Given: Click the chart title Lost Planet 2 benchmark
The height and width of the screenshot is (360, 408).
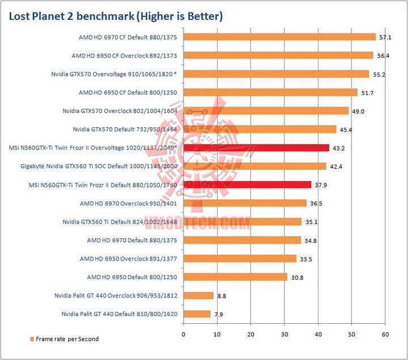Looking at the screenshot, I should coord(116,16).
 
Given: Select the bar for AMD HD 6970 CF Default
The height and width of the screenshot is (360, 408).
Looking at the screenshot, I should coord(279,37).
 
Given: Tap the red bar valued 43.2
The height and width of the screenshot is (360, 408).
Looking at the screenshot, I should coord(256,148).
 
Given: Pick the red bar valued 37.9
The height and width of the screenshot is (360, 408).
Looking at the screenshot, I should coord(247,185).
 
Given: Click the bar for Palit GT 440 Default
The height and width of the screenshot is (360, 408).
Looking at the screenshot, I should coord(197,314).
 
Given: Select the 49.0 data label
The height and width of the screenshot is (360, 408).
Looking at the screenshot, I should coord(358,111).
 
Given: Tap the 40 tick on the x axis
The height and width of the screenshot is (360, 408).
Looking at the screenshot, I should coord(318,335).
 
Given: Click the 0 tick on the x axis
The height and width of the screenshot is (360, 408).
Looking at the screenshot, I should coord(183,335).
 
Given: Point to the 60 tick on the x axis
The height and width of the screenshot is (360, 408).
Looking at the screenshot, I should coord(385,335).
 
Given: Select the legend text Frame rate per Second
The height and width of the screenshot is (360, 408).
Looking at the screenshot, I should coord(67,339).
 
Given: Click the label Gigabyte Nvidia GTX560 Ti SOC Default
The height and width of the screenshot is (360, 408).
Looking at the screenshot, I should coord(100,166).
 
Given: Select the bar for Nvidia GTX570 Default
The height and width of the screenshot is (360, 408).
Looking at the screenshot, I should coord(260,129).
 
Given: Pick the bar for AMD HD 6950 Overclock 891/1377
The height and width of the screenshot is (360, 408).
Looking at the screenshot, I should coord(240,258).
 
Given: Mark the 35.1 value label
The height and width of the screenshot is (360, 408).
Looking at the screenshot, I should coord(311,222).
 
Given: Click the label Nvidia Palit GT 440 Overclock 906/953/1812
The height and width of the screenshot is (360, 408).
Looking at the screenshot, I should coord(116,295).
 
